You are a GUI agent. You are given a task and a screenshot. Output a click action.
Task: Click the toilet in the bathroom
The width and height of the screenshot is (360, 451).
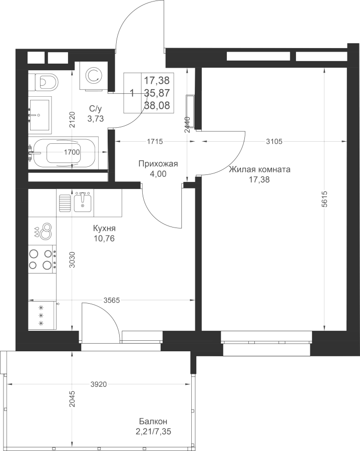(x=46, y=81)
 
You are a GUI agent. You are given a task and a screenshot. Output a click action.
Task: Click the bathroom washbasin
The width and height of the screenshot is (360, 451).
(x=40, y=115)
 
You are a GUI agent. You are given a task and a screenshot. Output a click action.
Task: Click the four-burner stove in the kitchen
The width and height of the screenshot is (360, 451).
(x=42, y=259)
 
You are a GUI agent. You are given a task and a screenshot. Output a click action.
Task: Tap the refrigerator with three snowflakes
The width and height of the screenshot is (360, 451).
(x=42, y=315)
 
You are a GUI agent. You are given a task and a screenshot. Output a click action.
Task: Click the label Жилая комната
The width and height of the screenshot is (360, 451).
(x=259, y=170)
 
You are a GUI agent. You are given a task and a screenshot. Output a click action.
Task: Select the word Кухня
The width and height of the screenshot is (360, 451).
(x=104, y=229)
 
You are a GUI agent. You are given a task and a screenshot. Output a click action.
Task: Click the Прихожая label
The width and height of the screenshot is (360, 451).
(x=158, y=164)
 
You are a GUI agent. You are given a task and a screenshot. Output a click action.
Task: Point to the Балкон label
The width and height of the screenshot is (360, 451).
(x=153, y=422)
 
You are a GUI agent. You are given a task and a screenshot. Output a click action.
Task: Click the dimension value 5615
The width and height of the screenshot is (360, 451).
(x=324, y=199)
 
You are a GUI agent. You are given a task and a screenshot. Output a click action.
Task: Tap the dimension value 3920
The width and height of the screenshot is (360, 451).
(x=99, y=384)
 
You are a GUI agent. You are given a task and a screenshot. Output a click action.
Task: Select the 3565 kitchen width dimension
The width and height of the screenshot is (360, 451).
(x=112, y=301)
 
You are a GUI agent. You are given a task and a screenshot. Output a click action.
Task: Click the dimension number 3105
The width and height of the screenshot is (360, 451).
(x=274, y=141)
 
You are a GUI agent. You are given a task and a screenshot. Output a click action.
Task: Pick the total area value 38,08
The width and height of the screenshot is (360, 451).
(x=157, y=106)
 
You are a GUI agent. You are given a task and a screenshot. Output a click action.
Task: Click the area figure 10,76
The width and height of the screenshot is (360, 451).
(x=104, y=239)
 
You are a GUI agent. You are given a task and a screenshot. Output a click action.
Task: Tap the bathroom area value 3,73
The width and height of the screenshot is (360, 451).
(x=96, y=118)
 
